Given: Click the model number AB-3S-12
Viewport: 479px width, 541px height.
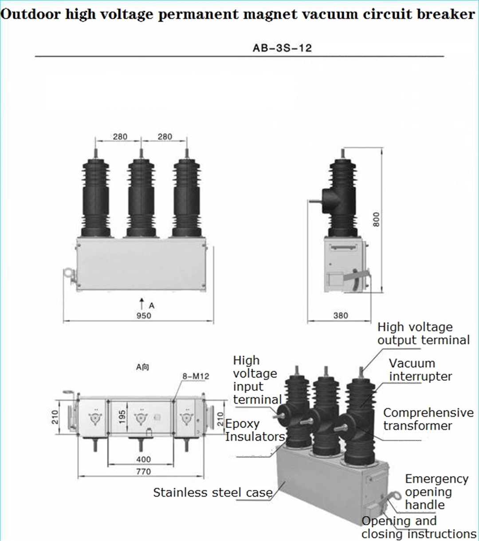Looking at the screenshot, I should (282, 48).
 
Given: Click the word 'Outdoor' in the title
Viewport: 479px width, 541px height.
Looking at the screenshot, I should (31, 14).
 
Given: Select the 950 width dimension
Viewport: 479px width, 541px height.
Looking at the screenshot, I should (144, 316).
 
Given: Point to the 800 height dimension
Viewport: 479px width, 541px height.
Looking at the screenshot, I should (376, 219).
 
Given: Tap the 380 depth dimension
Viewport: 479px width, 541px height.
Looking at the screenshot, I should (341, 316).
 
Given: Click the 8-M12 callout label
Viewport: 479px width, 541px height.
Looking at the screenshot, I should (196, 376).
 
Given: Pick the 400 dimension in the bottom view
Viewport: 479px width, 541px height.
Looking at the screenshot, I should (143, 459).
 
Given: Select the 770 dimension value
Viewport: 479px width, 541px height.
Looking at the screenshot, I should (143, 471).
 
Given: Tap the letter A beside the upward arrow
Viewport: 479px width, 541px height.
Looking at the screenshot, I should (152, 305).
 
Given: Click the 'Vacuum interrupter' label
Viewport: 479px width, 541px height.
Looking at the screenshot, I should (420, 370).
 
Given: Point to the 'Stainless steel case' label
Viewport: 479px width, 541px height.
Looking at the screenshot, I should (213, 492).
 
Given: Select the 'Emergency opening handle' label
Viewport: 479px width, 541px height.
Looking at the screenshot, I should (436, 492).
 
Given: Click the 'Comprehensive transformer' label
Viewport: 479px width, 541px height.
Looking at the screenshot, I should (428, 419).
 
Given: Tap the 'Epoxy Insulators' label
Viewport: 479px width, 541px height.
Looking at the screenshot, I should (254, 430).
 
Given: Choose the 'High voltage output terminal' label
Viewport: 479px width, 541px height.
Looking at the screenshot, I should (423, 333).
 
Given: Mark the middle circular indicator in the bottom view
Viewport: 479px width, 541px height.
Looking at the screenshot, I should (141, 418).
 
